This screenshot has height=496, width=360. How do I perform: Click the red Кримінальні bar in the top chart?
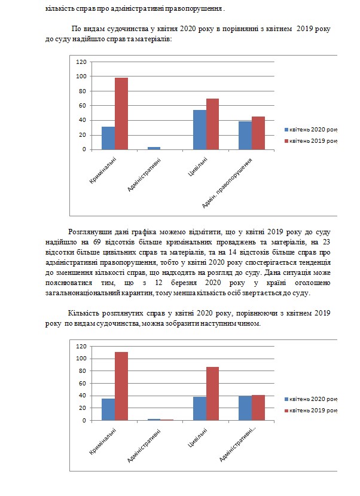(121, 114)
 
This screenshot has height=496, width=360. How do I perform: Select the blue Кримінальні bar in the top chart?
(108, 138)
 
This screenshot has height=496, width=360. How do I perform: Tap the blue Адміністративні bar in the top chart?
(154, 148)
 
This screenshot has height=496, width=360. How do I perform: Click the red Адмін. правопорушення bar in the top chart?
(258, 133)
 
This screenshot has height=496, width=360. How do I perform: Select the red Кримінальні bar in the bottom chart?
(121, 386)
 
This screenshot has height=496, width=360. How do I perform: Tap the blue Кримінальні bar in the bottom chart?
(108, 409)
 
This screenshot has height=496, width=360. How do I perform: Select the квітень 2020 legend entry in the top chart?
(312, 129)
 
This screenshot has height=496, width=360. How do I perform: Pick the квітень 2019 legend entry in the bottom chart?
(312, 410)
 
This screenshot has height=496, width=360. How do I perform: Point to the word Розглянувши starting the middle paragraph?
(88, 231)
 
